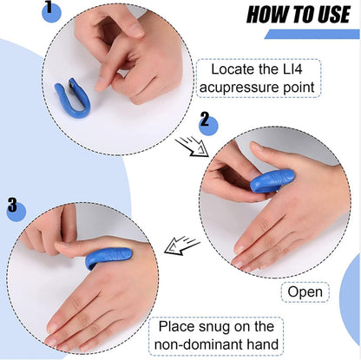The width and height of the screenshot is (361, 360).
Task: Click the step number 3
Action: point(12,205)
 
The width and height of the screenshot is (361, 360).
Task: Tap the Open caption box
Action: point(305,292)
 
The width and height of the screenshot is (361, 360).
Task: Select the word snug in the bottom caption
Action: point(230,327)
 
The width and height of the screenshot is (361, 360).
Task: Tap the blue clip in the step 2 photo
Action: point(271,180)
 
